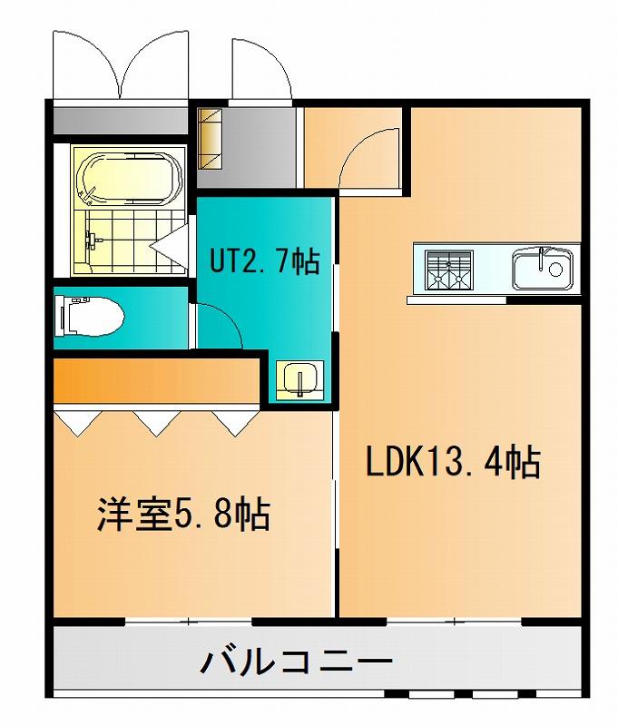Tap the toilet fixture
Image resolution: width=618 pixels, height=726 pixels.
tap(89, 316)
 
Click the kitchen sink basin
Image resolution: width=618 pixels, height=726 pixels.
tap(542, 268)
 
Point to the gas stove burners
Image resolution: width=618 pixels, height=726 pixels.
tap(448, 270)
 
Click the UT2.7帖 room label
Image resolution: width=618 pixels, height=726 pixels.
tap(265, 261)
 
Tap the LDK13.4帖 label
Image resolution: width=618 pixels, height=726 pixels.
tap(453, 462)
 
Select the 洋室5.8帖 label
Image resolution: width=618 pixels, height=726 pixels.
tap(183, 515)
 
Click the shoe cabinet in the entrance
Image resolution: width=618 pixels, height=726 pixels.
tap(211, 139)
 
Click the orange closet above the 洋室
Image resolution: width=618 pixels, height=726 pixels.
tap(156, 380)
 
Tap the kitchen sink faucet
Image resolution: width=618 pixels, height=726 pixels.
tap(542, 259)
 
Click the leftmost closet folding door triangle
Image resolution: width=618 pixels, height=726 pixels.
tap(77, 423)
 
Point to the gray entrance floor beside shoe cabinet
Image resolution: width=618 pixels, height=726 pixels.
tap(260, 147)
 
